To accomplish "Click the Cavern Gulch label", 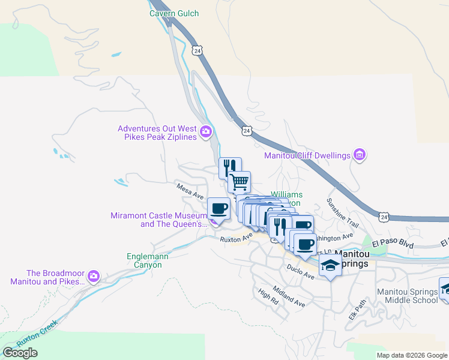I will (174, 13).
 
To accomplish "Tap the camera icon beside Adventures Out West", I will (206, 131).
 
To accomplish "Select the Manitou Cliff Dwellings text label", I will (307, 155).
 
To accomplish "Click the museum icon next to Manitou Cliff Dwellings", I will (360, 155).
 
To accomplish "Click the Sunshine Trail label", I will (343, 213).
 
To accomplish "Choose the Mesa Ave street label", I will (190, 191).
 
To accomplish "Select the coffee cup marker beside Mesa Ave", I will (218, 209).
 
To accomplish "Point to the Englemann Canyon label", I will (145, 260).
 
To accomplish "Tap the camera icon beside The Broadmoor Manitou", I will (93, 277).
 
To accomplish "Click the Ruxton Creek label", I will (37, 332).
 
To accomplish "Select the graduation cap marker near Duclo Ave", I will (330, 265).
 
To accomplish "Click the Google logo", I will (20, 353).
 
